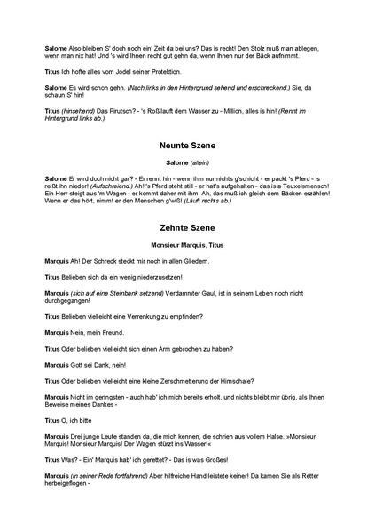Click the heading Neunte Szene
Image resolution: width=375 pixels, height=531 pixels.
click(x=187, y=143)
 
